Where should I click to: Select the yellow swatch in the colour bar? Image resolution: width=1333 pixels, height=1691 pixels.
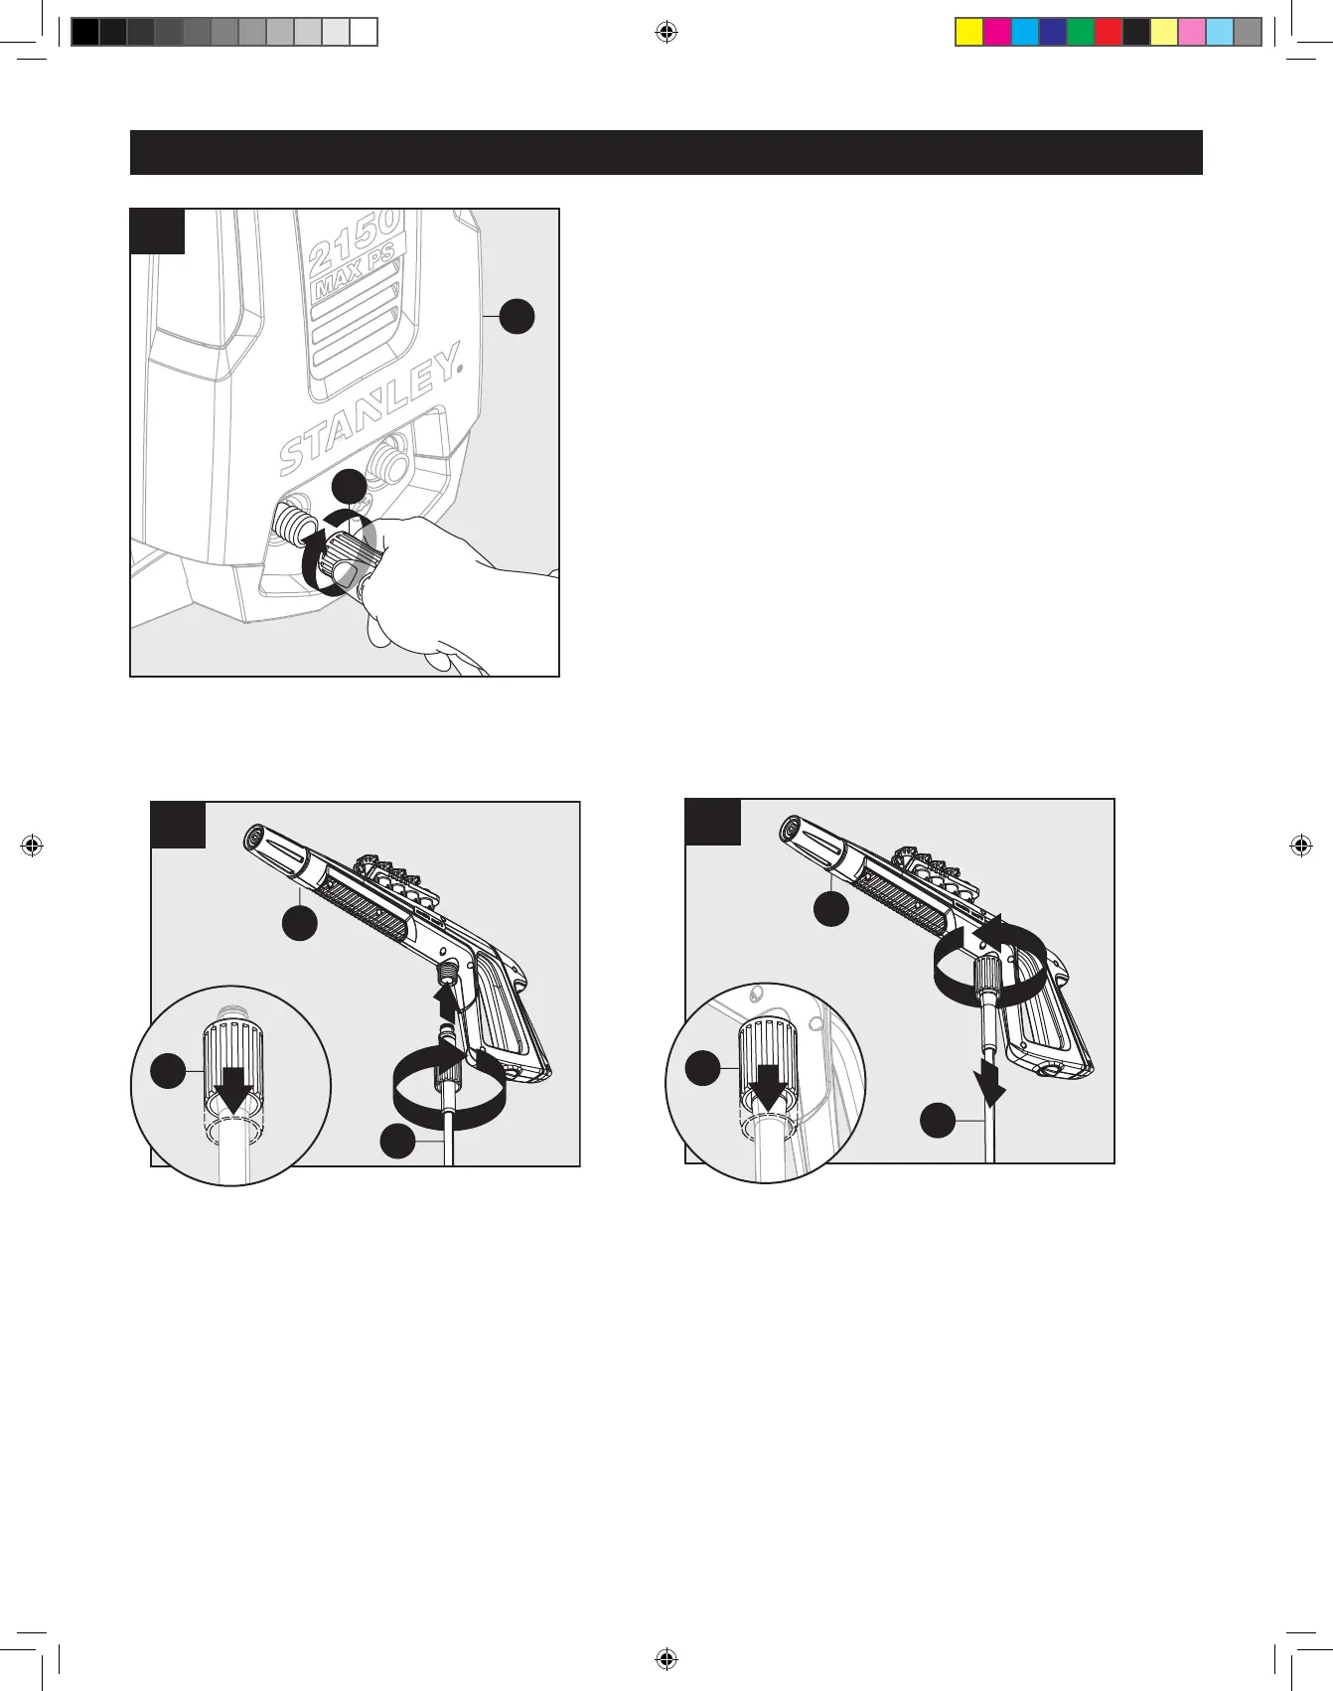coord(968,33)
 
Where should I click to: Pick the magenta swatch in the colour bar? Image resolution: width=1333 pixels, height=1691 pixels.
coord(996,33)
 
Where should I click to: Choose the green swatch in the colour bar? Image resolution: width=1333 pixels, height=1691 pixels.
coord(1080,33)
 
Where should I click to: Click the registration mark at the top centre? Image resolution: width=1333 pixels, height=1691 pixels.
coord(666,33)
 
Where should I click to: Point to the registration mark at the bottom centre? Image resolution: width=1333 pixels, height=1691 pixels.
coord(666,1658)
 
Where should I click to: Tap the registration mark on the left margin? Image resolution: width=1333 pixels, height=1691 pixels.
coord(32,846)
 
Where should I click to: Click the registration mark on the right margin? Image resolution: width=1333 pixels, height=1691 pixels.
coord(1301,846)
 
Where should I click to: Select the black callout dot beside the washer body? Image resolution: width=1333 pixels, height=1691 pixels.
coord(517,316)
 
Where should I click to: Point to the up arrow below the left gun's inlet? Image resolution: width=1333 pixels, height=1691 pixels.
coord(447,999)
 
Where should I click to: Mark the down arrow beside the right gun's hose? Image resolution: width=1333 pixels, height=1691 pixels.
coord(990,1083)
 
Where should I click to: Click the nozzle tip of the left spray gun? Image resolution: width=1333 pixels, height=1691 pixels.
coord(254,838)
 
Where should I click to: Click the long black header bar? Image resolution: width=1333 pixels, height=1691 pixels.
coord(666,152)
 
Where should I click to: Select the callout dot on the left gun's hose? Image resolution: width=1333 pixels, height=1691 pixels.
coord(397,1141)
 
